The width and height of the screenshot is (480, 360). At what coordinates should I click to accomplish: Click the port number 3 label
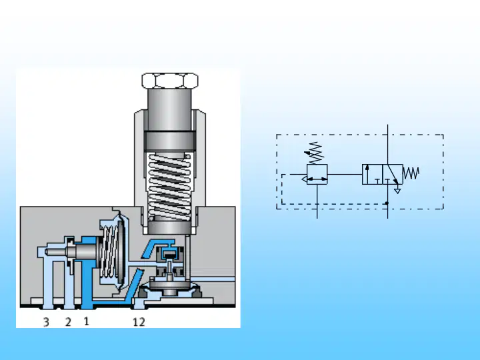pyautogui.click(x=46, y=322)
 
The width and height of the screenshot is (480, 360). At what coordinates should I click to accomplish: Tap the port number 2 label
pyautogui.click(x=68, y=322)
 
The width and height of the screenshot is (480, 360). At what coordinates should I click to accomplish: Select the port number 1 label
pyautogui.click(x=86, y=321)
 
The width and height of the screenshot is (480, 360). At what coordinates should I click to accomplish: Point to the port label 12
pyautogui.click(x=139, y=322)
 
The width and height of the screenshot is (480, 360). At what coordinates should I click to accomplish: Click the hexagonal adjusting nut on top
pyautogui.click(x=170, y=81)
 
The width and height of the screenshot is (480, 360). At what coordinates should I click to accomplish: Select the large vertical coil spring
pyautogui.click(x=169, y=187)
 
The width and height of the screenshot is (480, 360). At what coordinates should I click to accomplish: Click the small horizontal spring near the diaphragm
pyautogui.click(x=109, y=251)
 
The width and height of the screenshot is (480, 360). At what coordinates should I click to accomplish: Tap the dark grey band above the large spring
pyautogui.click(x=170, y=141)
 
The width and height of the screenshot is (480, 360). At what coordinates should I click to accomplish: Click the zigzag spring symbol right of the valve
pyautogui.click(x=411, y=173)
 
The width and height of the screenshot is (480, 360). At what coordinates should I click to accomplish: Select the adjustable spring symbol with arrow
pyautogui.click(x=315, y=153)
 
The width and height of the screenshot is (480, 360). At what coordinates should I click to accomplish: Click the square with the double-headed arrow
pyautogui.click(x=317, y=174)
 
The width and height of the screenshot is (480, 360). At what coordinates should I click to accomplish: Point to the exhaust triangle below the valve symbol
pyautogui.click(x=397, y=191)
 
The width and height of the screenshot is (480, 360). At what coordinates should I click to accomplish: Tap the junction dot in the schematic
pyautogui.click(x=387, y=203)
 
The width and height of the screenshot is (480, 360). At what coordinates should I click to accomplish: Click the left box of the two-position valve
pyautogui.click(x=372, y=174)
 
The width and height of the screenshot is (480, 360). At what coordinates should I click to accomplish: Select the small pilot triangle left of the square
pyautogui.click(x=304, y=179)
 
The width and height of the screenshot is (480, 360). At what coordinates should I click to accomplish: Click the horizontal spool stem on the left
pyautogui.click(x=71, y=252)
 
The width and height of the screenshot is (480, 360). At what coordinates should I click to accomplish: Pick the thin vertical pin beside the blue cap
pyautogui.click(x=187, y=257)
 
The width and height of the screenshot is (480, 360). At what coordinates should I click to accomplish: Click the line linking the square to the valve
pyautogui.click(x=345, y=174)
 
